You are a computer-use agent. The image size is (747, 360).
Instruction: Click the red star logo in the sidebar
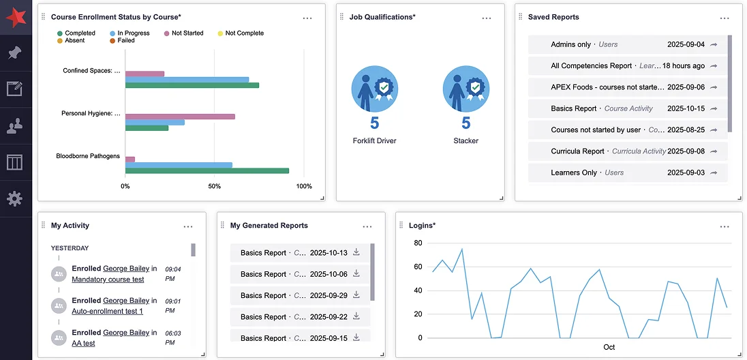tap(15, 16)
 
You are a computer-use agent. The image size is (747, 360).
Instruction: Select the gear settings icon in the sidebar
tap(15, 198)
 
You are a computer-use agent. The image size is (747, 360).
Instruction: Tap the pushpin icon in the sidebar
tap(15, 52)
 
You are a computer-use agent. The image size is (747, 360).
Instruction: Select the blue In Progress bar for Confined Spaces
tap(187, 80)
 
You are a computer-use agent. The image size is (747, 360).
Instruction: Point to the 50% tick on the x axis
tap(215, 186)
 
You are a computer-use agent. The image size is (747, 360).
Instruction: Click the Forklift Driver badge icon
tap(374, 89)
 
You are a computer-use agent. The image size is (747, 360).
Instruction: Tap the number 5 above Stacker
tap(466, 123)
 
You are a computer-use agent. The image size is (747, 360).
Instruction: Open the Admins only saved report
tap(570, 44)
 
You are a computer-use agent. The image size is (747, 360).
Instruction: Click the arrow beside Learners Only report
tap(714, 173)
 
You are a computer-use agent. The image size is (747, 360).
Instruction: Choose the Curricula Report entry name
tap(577, 151)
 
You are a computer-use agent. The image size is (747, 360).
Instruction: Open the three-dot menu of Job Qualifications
tap(487, 18)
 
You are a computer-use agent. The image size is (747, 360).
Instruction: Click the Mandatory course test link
tap(108, 280)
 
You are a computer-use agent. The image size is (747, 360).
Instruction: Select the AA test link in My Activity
tap(83, 344)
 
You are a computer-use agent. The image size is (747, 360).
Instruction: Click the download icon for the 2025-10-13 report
tap(356, 252)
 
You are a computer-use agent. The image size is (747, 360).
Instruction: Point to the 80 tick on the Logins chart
tap(418, 243)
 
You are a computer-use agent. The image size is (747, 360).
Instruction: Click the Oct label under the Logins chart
tap(609, 347)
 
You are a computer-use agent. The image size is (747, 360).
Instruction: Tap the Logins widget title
tap(422, 226)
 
